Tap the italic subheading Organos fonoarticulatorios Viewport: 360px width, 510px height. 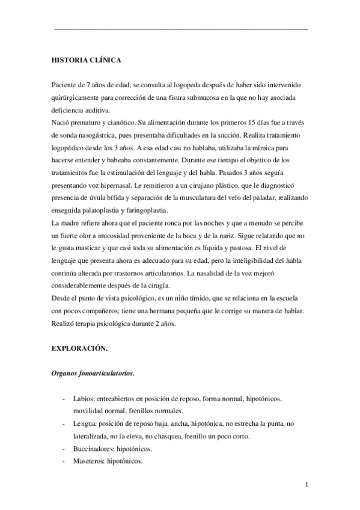(93, 373)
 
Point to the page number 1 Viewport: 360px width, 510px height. (307, 485)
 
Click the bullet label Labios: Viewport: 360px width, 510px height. (84, 399)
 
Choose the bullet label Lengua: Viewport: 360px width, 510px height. (85, 423)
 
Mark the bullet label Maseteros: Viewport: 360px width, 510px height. (89, 461)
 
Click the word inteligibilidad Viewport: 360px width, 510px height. (239, 261)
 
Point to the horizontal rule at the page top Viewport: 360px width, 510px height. (181, 29)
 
